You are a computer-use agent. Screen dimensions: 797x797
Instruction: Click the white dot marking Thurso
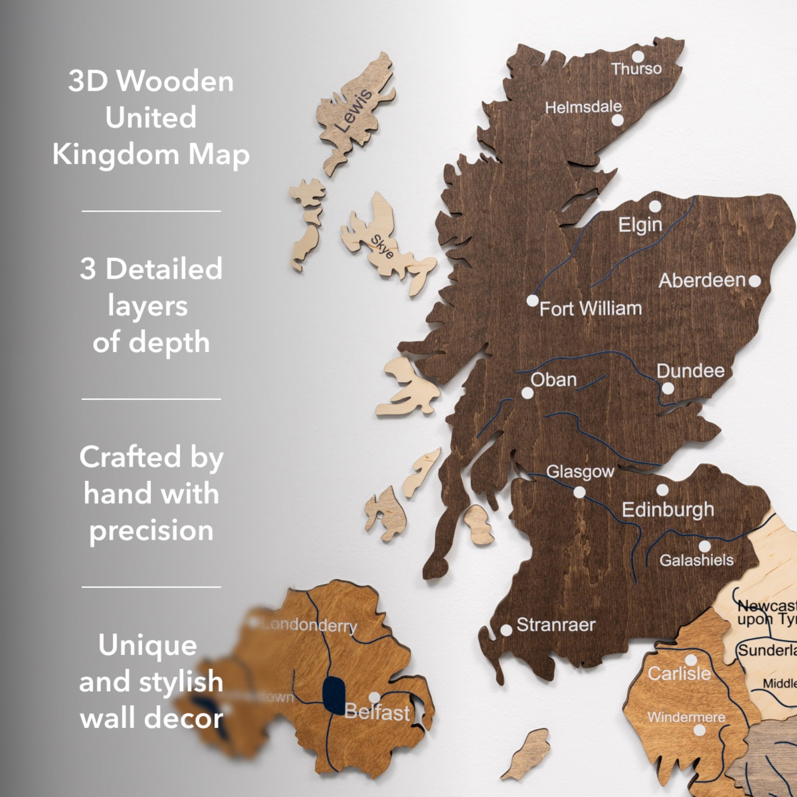point(638,57)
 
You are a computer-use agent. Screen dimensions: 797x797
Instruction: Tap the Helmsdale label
point(583,107)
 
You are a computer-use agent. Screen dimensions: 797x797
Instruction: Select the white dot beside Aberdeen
point(754,281)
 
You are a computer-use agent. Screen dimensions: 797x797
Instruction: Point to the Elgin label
point(640,225)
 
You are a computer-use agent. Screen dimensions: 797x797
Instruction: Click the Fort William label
point(590,308)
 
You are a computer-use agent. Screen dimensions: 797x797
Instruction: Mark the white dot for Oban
point(527,393)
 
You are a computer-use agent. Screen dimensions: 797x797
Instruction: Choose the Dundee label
point(690,371)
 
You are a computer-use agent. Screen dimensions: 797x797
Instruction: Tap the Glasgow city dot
point(579,492)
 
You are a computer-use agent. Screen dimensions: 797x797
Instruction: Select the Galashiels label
point(696,560)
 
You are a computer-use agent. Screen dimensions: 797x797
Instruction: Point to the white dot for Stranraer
point(506,630)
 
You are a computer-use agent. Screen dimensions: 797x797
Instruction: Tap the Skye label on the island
point(382,246)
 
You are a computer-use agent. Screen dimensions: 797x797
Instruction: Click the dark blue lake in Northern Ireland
point(334,695)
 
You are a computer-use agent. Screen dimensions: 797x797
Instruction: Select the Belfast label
point(377,712)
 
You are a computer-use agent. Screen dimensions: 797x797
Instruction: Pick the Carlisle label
point(679,673)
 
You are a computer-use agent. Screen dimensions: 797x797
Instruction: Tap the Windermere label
point(686,717)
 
